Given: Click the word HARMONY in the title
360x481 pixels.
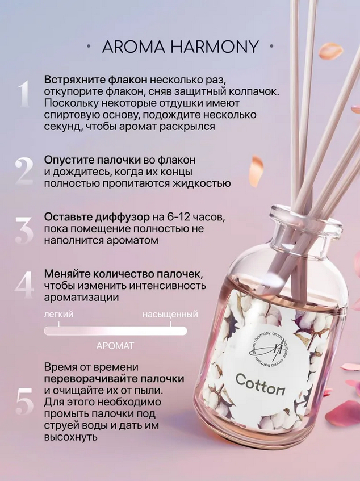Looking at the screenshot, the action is [215, 47].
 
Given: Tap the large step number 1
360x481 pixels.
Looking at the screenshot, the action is [24, 94].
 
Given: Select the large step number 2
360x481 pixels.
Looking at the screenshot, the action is [24, 171].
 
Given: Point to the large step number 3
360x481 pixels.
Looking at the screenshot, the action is [24, 231].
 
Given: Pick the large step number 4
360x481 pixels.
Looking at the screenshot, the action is [24, 285].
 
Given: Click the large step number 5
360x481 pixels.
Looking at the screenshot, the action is [24, 400].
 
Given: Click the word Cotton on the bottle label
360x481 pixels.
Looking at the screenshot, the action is [260, 384].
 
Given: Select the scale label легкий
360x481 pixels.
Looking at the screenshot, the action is [58, 315].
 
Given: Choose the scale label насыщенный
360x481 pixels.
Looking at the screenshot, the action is [170, 315].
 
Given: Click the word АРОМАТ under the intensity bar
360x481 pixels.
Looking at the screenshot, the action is [115, 346].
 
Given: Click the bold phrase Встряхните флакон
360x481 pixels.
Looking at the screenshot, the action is [95, 80].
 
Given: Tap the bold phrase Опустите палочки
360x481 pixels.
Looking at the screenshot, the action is [93, 160].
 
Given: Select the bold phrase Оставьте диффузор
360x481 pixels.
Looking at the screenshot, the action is [97, 217].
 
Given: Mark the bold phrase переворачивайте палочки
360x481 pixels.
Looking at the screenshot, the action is [114, 379].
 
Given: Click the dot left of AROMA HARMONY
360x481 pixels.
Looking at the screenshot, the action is [89, 47].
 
